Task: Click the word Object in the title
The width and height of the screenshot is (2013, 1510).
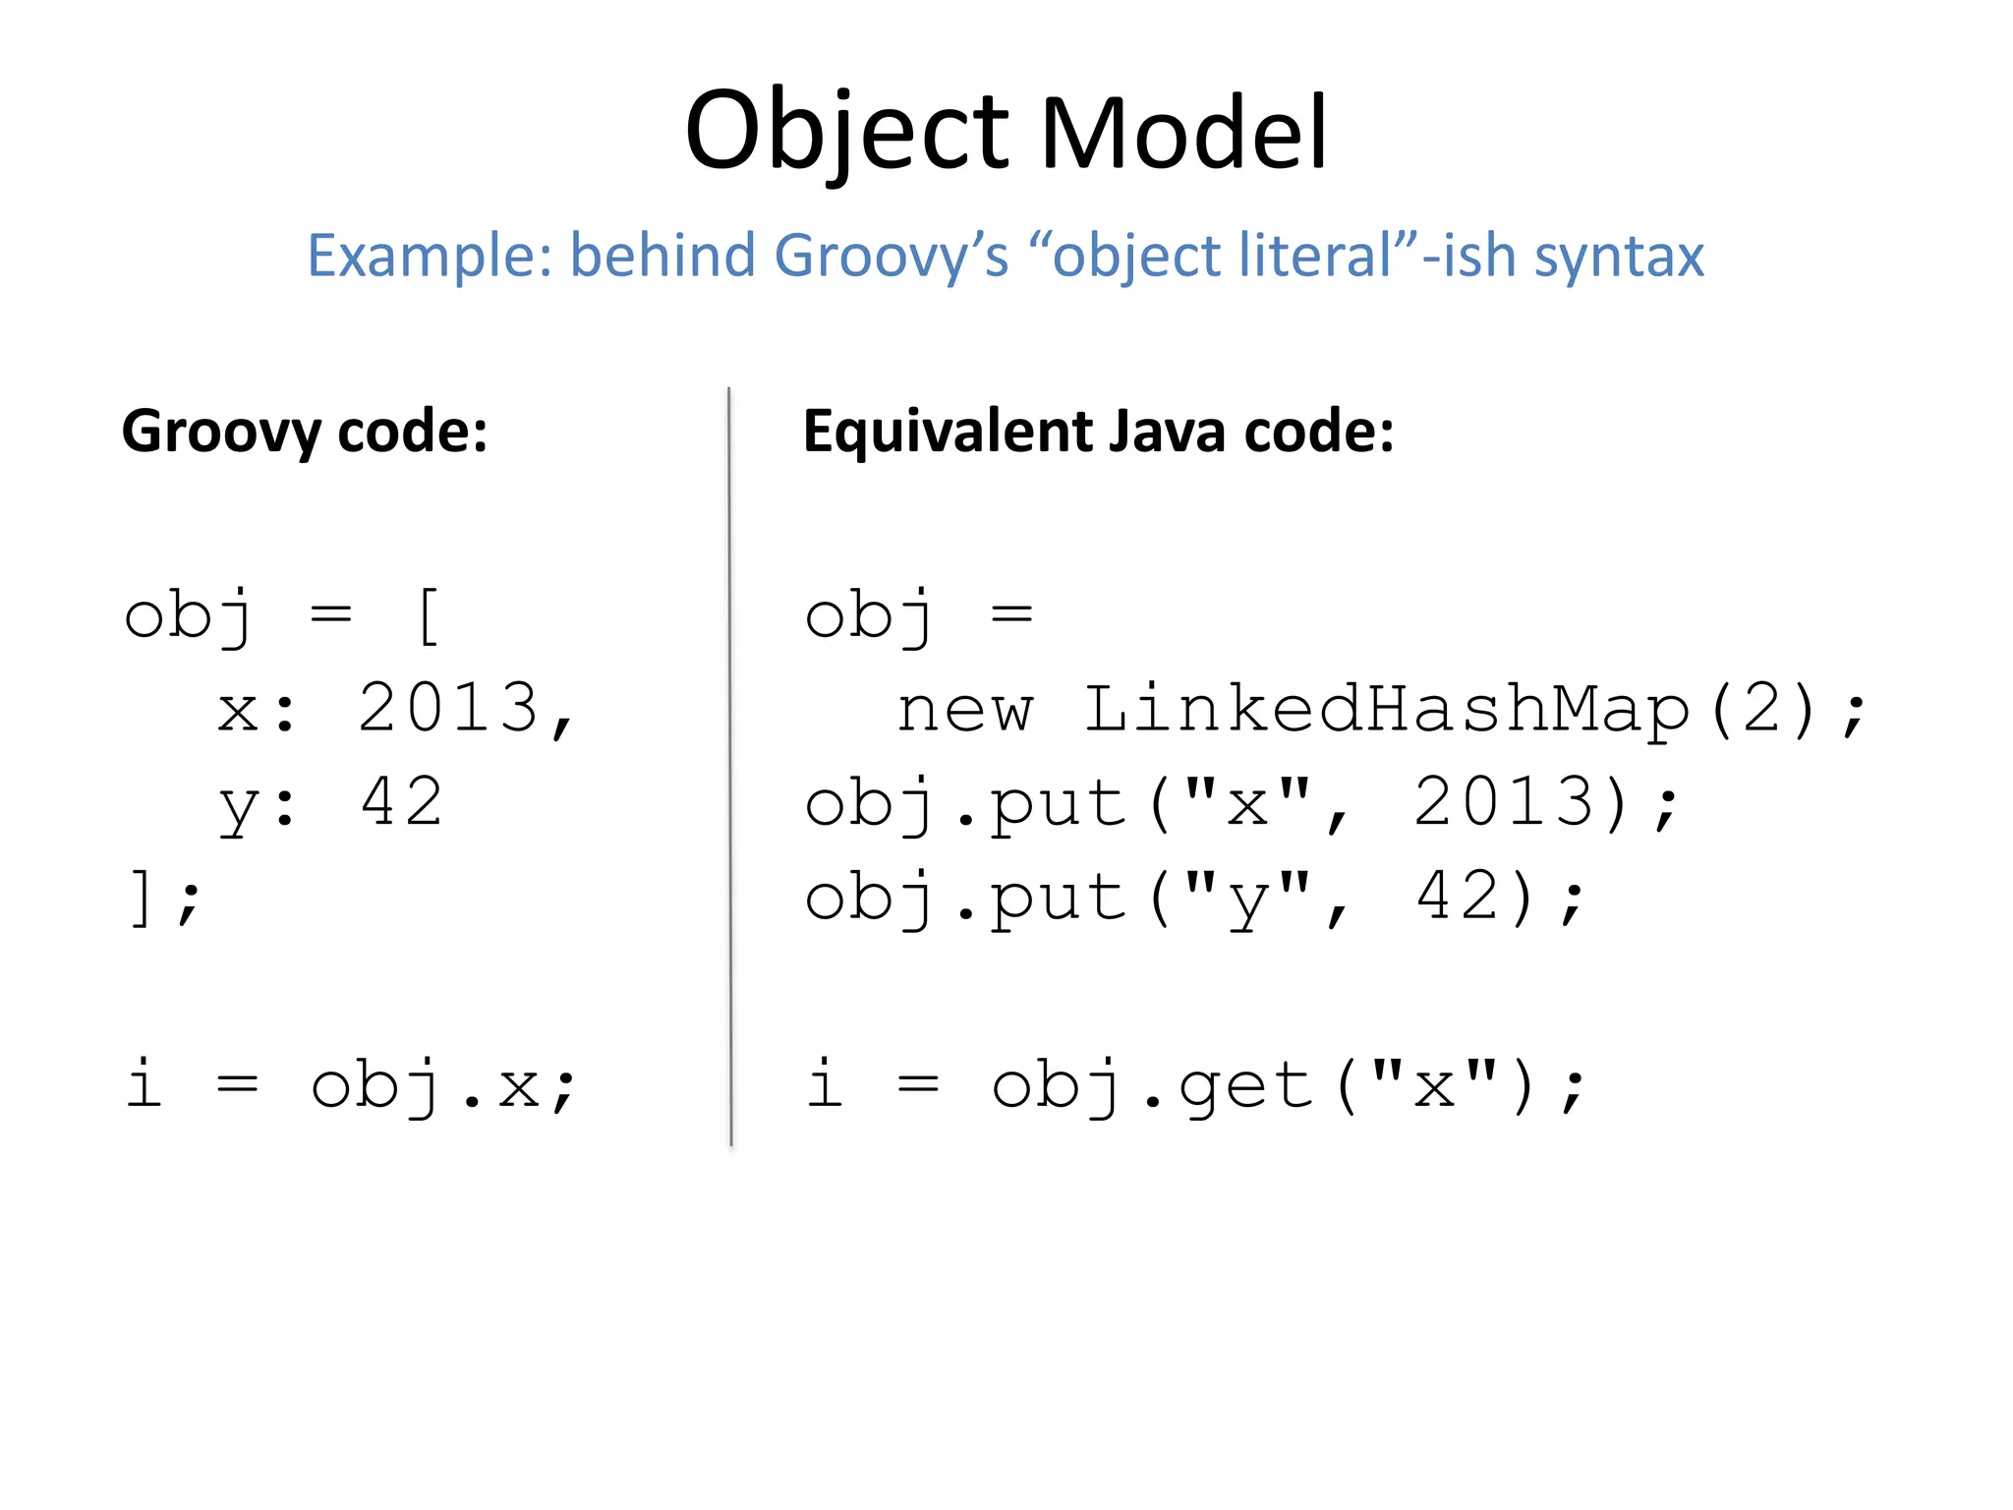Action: tap(847, 133)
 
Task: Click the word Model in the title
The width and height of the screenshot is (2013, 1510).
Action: tap(1183, 133)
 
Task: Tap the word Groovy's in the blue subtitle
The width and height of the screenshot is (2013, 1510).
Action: tap(891, 256)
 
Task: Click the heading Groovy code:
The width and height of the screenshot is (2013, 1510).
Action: tap(305, 432)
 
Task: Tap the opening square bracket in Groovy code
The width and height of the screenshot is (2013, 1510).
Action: tap(428, 616)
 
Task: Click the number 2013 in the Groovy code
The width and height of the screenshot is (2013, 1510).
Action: tap(448, 708)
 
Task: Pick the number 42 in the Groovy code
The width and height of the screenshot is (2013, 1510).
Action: tap(402, 801)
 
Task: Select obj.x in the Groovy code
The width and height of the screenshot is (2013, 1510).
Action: tap(425, 1086)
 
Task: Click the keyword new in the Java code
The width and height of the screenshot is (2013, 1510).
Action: tap(965, 710)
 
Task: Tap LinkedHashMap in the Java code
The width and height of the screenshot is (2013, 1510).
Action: tap(1386, 710)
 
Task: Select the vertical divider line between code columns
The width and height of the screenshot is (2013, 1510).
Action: tap(730, 767)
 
